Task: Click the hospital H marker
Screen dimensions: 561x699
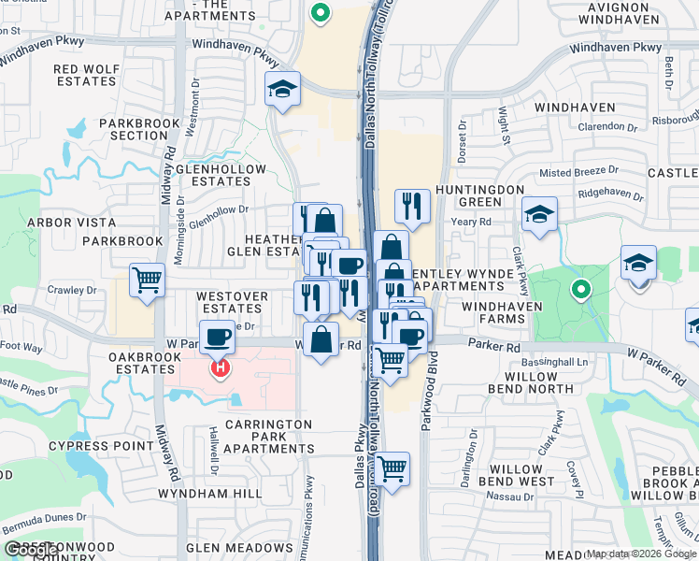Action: point(220,369)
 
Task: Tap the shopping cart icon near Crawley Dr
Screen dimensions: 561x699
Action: point(148,280)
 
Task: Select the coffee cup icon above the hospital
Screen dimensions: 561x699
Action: point(218,337)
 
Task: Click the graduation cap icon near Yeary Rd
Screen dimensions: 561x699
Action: point(539,214)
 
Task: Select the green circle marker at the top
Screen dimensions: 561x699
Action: point(321,13)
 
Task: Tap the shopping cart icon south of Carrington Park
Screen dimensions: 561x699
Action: point(392,467)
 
